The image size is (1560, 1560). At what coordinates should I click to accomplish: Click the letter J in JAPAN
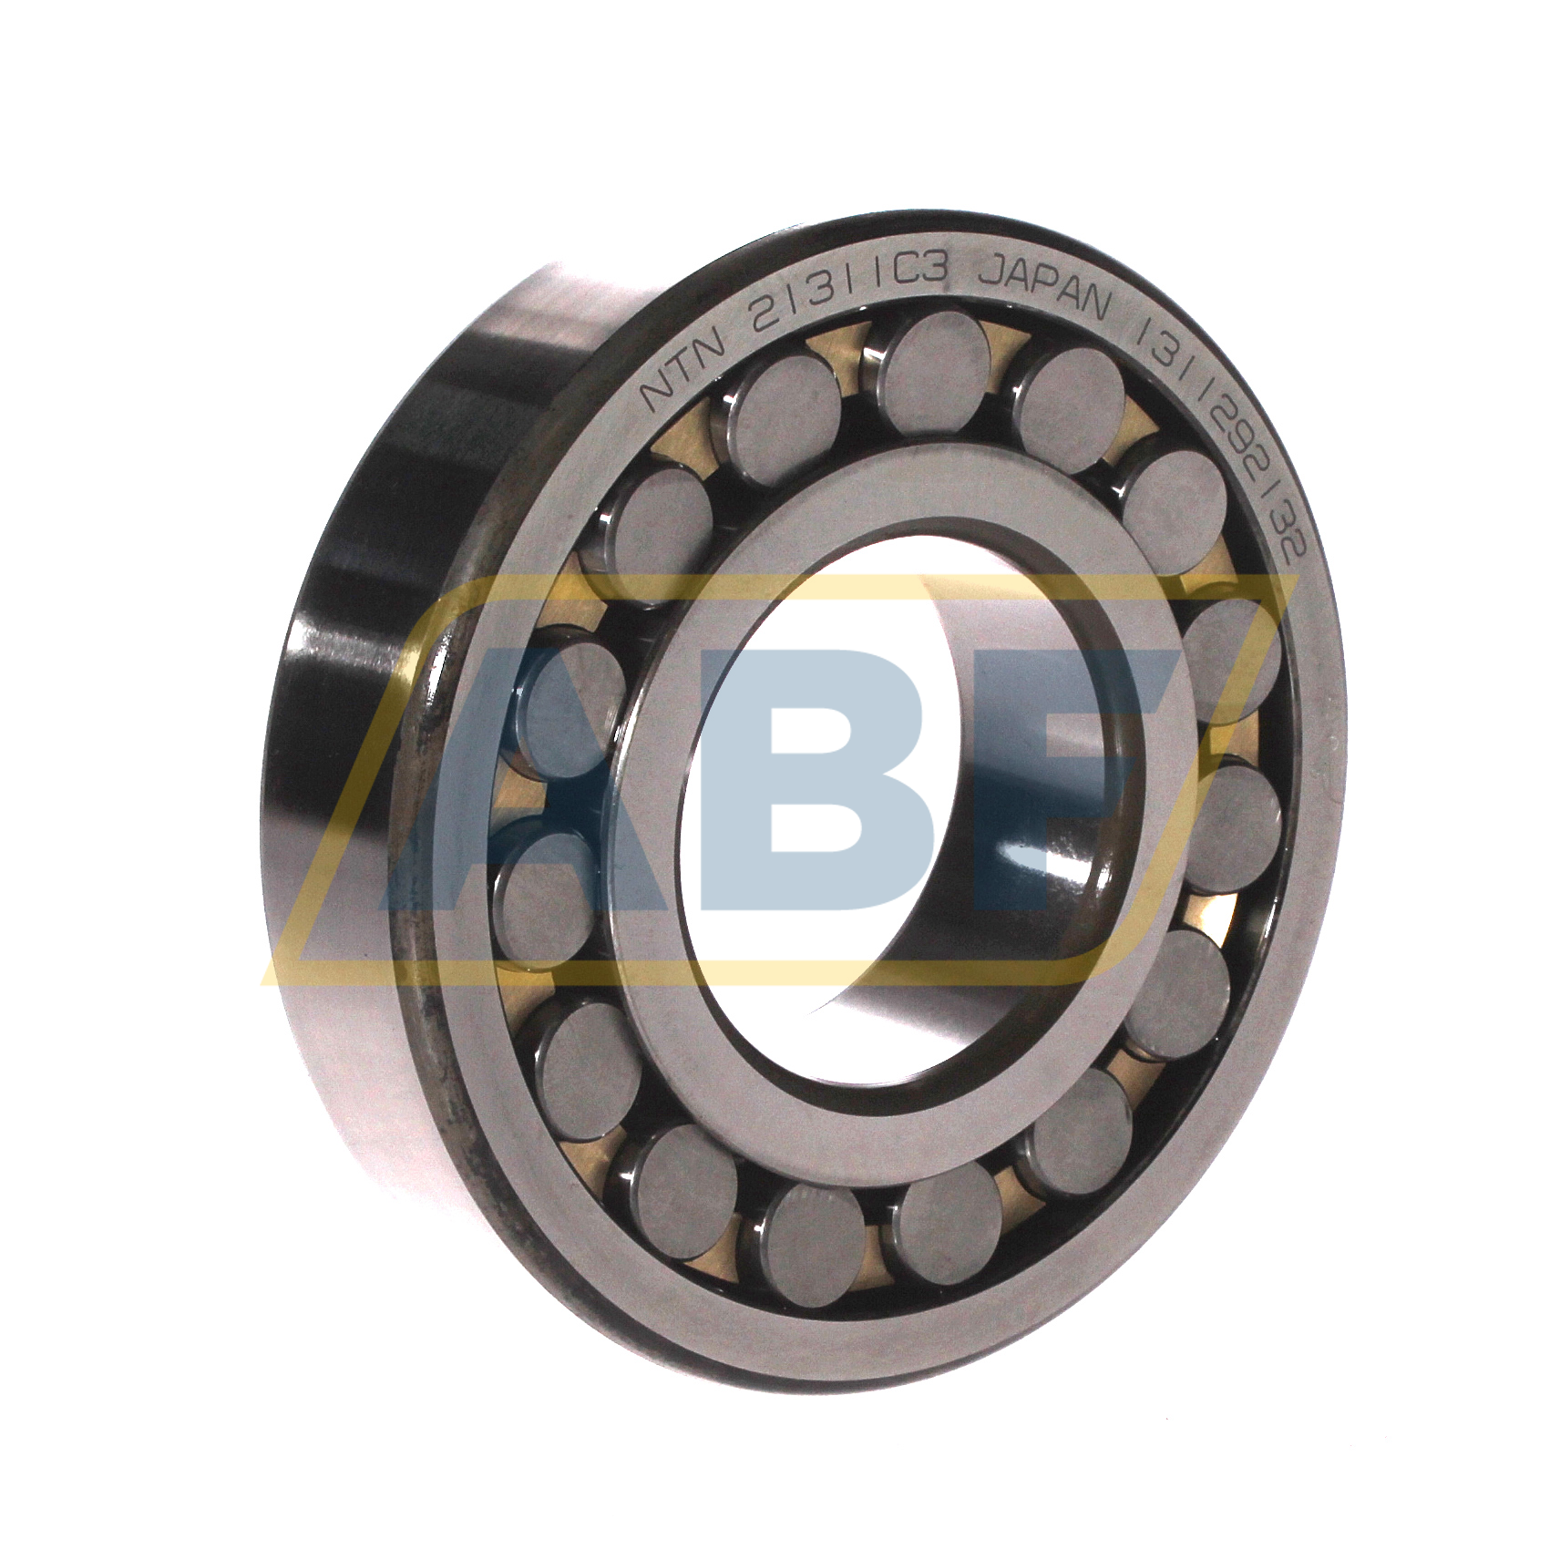pos(988,273)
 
